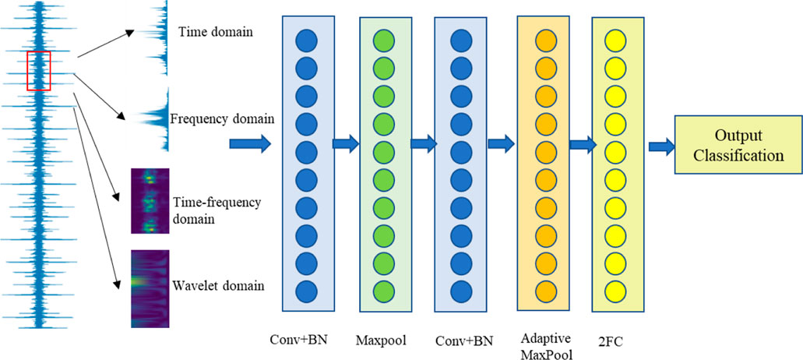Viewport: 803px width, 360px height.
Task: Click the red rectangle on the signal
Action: click(x=38, y=71)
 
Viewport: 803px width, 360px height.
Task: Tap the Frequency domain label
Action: click(x=222, y=119)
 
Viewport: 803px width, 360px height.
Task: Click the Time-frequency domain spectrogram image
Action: click(x=151, y=201)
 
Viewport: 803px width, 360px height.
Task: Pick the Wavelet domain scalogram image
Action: click(x=151, y=288)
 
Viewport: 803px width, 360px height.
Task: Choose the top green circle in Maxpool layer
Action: click(x=384, y=41)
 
